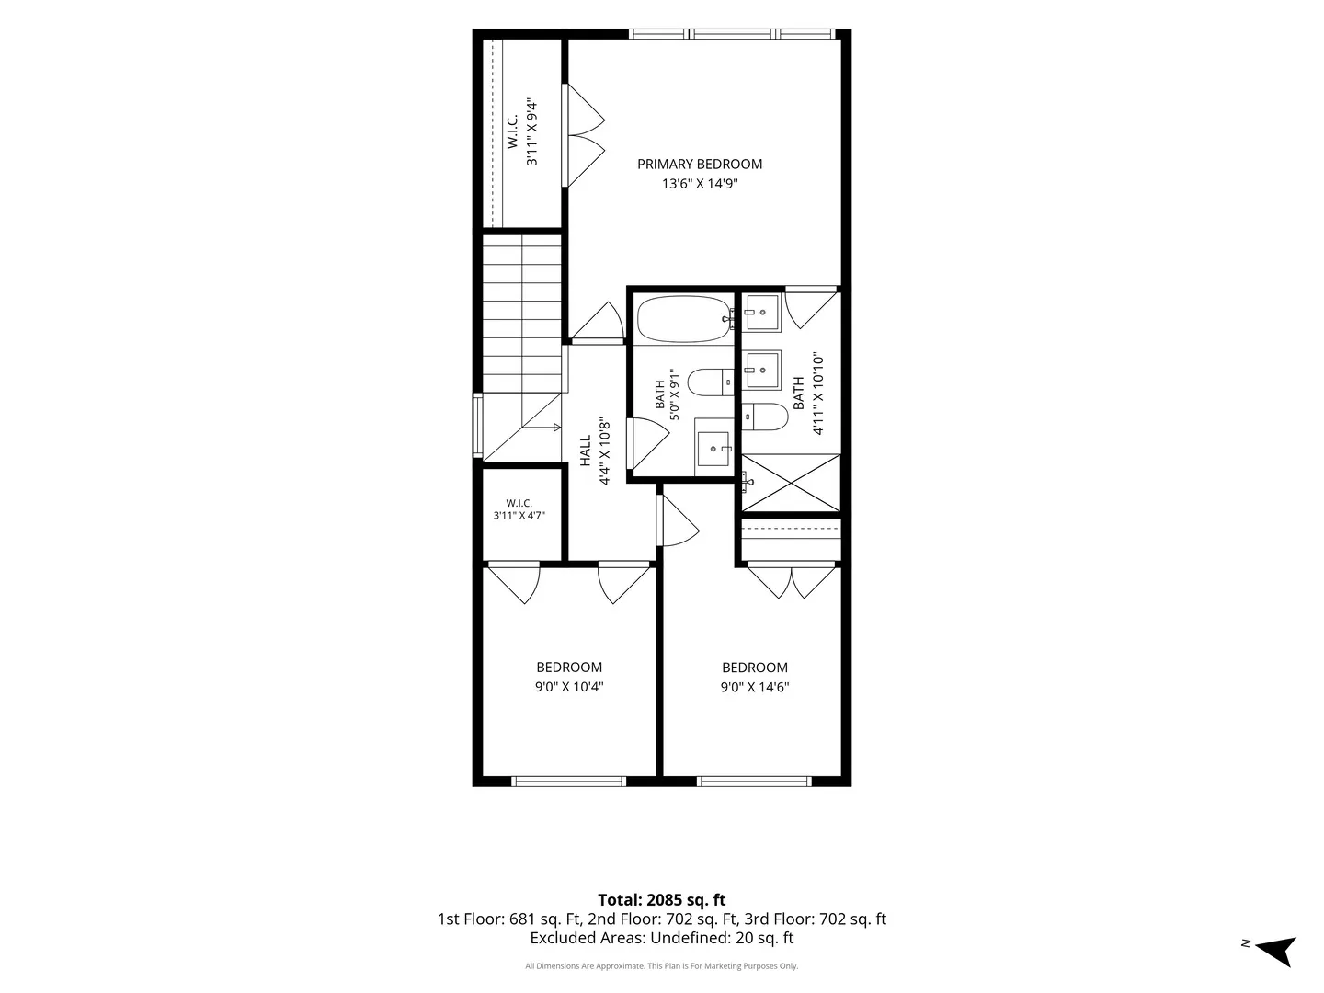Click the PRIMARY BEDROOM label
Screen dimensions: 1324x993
point(700,164)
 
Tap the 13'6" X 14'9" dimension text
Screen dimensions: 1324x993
point(700,183)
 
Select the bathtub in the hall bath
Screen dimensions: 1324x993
point(684,319)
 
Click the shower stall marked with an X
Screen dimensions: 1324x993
point(791,483)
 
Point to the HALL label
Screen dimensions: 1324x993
point(585,451)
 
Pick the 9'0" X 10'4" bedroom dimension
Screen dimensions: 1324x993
point(569,687)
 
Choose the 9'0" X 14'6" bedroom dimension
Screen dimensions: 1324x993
point(755,687)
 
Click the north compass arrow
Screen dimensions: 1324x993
point(1276,952)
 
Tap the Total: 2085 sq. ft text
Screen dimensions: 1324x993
point(662,899)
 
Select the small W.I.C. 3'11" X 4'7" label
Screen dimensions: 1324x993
point(519,508)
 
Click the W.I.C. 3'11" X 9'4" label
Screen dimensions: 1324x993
point(521,131)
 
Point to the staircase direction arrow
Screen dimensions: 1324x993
point(541,428)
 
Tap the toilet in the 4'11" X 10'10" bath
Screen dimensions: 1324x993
point(765,417)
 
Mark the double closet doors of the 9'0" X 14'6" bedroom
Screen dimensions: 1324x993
point(791,581)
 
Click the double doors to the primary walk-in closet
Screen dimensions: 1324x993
point(583,135)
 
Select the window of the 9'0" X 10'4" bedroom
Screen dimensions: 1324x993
point(569,782)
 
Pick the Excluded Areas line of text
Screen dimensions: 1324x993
point(662,938)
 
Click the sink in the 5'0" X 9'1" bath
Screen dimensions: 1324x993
point(713,450)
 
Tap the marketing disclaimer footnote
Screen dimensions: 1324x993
point(662,965)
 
